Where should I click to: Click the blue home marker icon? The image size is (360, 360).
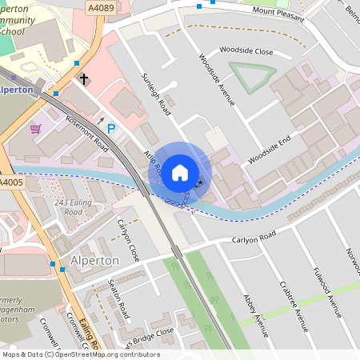(180, 173)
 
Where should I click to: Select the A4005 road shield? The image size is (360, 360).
(12, 183)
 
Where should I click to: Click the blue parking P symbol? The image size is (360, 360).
(111, 128)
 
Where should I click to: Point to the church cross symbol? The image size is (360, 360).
(83, 79)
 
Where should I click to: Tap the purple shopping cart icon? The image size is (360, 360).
(35, 128)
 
